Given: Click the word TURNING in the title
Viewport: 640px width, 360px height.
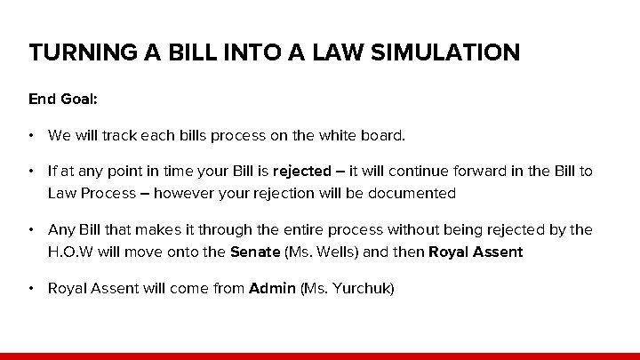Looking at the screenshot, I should click(73, 52).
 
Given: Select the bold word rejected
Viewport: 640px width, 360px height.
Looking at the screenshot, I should click(300, 171).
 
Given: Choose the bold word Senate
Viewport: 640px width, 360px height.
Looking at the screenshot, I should click(254, 252).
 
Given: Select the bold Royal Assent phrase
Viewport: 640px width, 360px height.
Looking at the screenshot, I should click(476, 252).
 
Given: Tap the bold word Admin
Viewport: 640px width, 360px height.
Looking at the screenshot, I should click(272, 288).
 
